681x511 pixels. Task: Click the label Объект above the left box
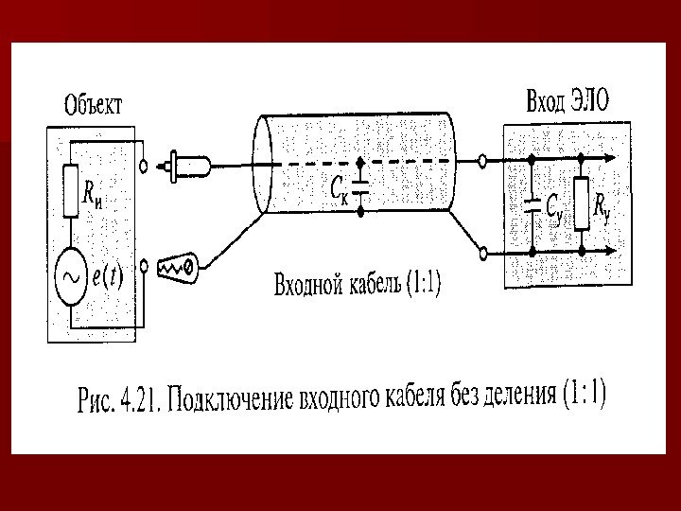[92, 103]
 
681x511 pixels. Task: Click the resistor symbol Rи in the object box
[70, 190]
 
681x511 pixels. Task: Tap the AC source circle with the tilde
[70, 275]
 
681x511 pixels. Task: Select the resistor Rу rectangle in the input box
[582, 203]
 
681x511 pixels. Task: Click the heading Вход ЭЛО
[567, 98]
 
